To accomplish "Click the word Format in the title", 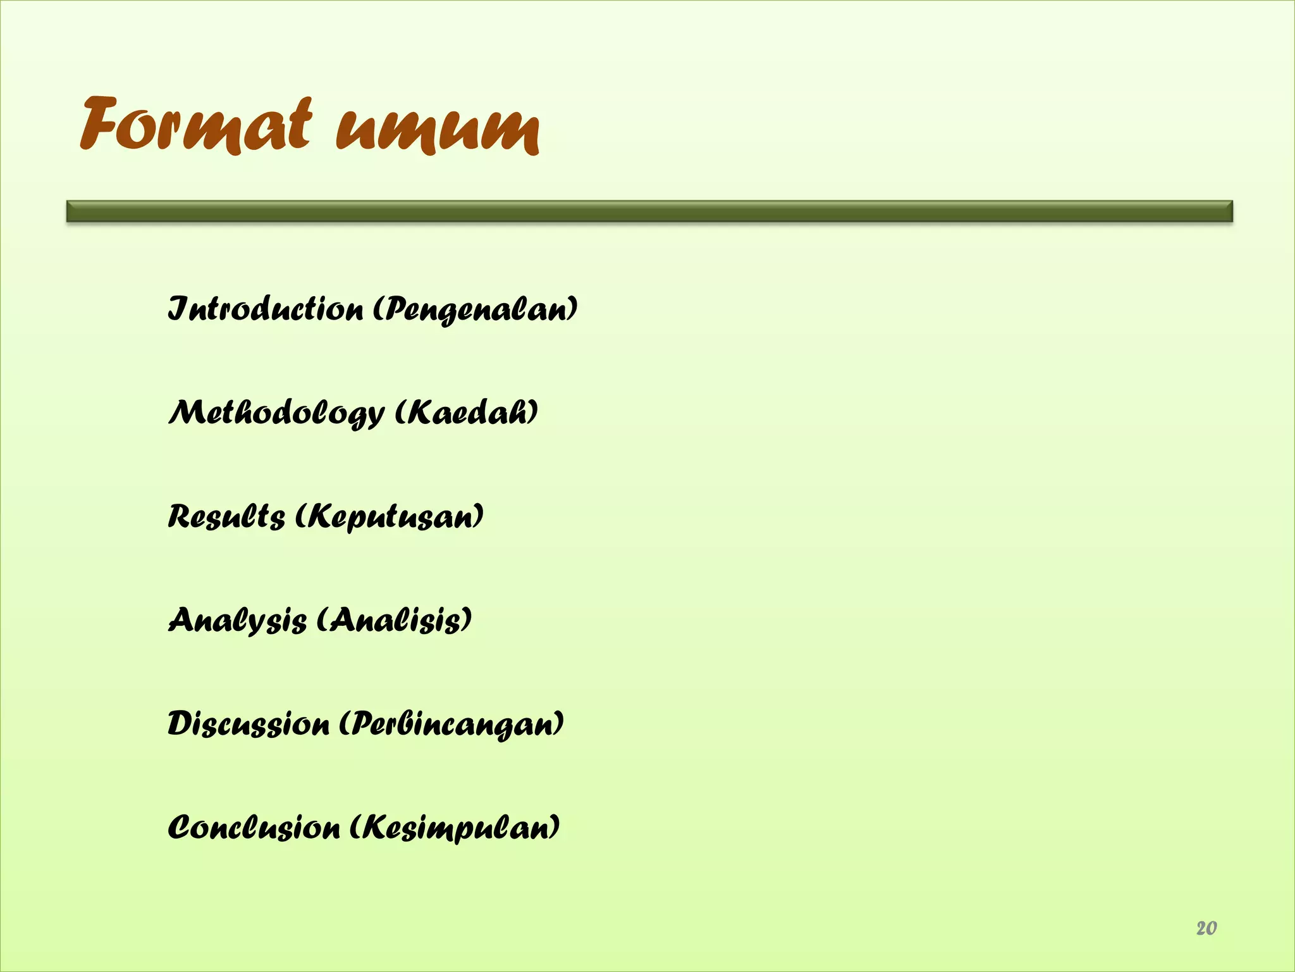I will tap(196, 127).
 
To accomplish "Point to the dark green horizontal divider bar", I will tap(649, 211).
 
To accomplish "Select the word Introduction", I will tap(266, 309).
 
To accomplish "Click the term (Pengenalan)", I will tap(475, 311).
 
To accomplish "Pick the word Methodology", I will tap(276, 413).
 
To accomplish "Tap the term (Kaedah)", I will tap(467, 413).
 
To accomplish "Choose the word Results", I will tap(226, 516).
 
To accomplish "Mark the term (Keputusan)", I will tap(390, 518).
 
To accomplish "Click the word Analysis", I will tap(237, 620).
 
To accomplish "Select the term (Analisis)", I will tap(393, 620).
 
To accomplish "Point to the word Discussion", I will tap(249, 723).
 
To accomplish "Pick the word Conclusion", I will tap(254, 827).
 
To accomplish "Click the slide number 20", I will tap(1206, 928).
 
